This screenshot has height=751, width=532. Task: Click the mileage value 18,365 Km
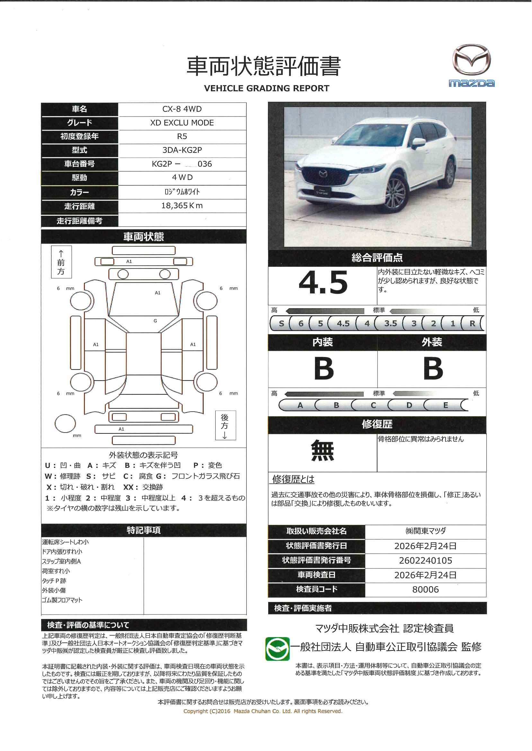coord(182,205)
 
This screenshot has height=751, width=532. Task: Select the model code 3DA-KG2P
coord(182,150)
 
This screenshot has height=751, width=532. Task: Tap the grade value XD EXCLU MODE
coord(182,123)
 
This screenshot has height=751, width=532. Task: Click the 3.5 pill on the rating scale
coord(390,323)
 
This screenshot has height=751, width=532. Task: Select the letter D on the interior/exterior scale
coord(409,405)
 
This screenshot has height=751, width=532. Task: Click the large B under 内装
coord(324,369)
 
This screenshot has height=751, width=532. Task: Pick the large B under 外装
coord(433,369)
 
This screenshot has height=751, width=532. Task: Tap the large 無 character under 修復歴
coord(322,451)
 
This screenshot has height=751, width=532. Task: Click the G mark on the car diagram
coord(155,321)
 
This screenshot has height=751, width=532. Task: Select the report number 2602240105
coord(425,561)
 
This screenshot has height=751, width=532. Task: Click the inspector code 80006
coord(425,589)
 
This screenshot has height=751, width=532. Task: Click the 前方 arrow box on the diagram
coord(61,262)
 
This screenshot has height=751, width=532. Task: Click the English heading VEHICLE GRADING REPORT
coord(266,88)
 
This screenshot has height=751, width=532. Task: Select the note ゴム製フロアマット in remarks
coord(62,600)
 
